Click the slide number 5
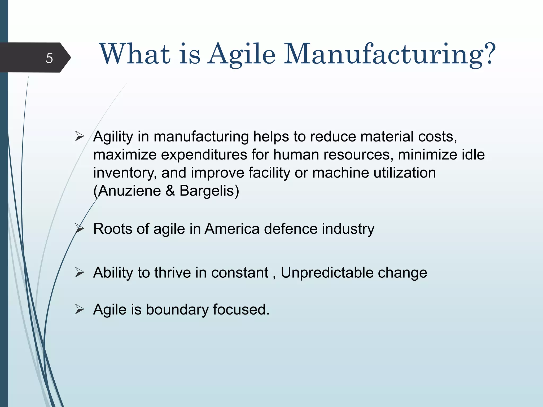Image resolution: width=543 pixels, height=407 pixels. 49,58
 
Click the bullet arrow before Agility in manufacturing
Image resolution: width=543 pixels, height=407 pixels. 79,136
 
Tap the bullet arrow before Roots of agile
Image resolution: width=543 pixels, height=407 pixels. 79,229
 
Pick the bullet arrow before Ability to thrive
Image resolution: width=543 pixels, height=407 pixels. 79,272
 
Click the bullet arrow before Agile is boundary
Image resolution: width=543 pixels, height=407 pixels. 79,309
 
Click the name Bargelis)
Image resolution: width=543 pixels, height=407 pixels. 209,191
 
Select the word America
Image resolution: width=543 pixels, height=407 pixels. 232,229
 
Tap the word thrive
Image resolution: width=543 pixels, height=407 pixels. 173,272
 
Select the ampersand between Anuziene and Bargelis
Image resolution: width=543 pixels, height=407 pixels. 170,191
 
